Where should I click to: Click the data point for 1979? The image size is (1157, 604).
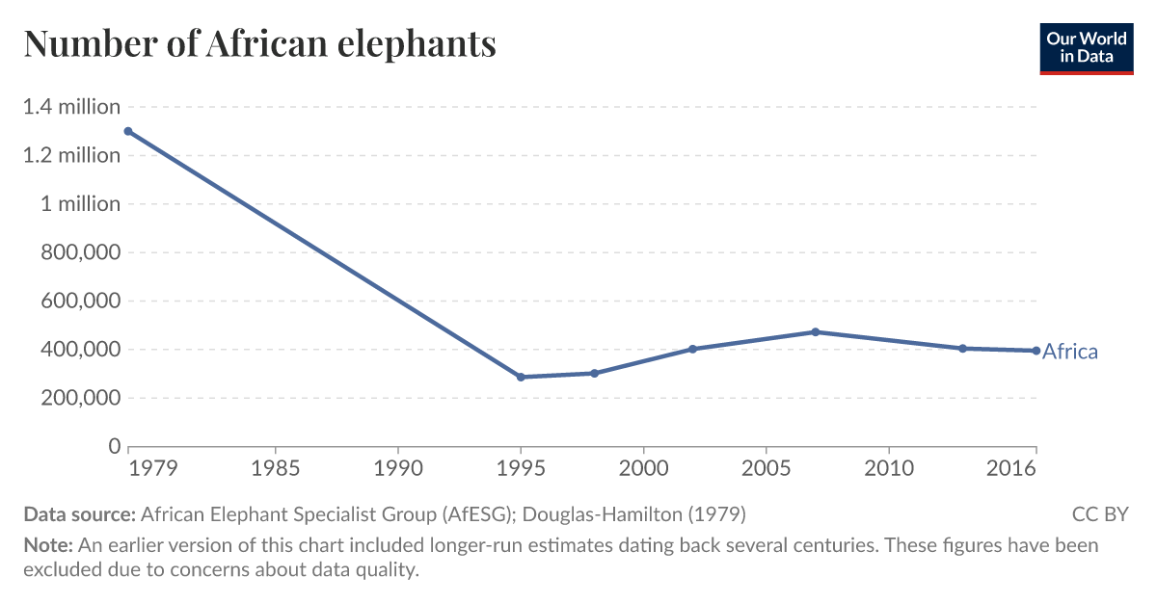click(x=128, y=131)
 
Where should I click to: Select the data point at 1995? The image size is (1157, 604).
click(x=521, y=377)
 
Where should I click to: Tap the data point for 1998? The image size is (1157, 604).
click(x=594, y=373)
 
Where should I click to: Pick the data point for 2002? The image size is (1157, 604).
click(x=692, y=349)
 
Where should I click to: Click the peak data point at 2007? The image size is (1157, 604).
click(x=815, y=331)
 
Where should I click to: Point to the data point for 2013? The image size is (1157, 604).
click(x=962, y=348)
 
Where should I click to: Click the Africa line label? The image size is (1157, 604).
click(x=1069, y=352)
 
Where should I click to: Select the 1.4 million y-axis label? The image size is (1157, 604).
click(x=71, y=107)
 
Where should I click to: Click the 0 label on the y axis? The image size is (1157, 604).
click(x=114, y=447)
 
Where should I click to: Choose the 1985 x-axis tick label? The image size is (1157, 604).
click(x=276, y=469)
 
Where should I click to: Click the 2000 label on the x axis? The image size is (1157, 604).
click(x=643, y=469)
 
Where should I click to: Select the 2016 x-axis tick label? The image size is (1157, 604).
click(x=1011, y=469)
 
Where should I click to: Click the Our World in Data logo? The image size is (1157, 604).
click(x=1086, y=48)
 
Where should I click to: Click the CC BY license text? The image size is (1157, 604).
click(x=1099, y=513)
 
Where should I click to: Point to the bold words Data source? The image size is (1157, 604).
click(x=80, y=513)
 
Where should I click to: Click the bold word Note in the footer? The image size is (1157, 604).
click(x=48, y=545)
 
